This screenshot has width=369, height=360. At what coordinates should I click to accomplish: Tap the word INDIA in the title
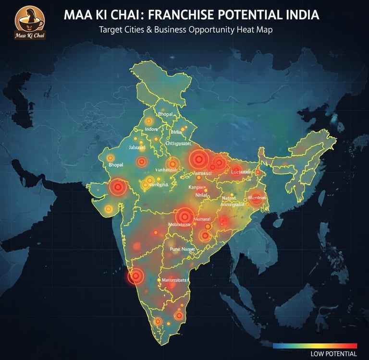300,15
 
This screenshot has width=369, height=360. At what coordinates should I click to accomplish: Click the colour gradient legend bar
315,346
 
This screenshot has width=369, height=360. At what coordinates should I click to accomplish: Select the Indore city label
151,130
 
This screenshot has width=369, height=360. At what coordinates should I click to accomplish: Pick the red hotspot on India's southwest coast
136,276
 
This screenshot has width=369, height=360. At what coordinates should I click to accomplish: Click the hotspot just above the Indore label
149,121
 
